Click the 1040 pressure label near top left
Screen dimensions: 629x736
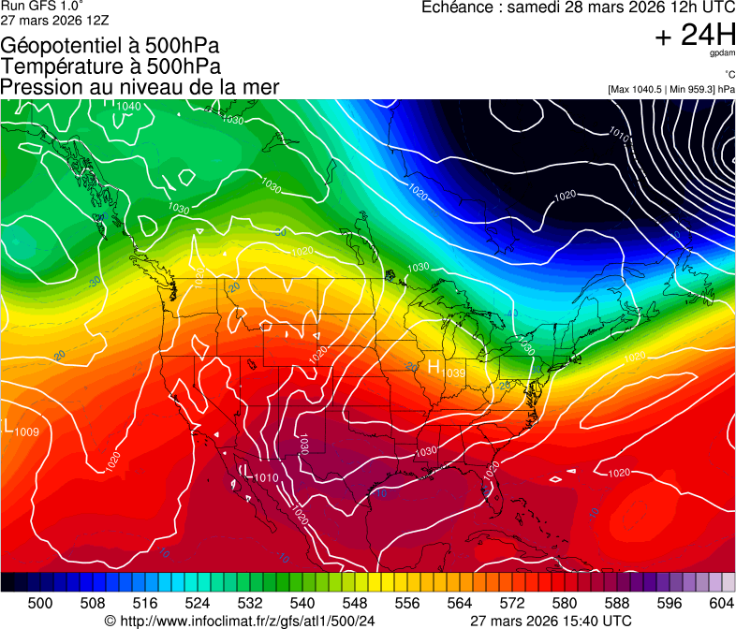coord(128,107)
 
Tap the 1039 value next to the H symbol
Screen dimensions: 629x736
coord(455,373)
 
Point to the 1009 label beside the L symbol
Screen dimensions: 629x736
coord(27,432)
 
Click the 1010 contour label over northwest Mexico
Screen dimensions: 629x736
coord(266,478)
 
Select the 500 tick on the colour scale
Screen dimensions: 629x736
coord(40,602)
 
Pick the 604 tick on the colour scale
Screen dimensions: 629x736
coord(721,602)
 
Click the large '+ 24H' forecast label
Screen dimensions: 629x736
coord(695,35)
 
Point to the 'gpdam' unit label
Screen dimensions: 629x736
coord(722,54)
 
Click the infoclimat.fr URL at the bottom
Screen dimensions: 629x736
coord(246,621)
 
